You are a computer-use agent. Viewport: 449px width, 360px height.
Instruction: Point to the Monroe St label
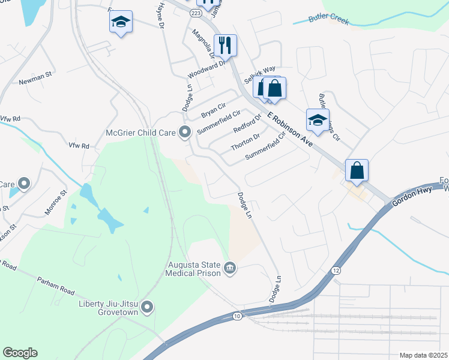tap(58, 205)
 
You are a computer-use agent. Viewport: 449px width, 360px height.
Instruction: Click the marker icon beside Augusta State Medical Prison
tap(231, 268)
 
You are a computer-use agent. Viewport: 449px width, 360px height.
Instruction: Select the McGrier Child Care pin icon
tap(185, 132)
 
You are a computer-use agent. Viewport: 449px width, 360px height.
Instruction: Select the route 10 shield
tap(238, 316)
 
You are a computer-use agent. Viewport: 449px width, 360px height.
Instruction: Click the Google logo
tap(20, 353)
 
